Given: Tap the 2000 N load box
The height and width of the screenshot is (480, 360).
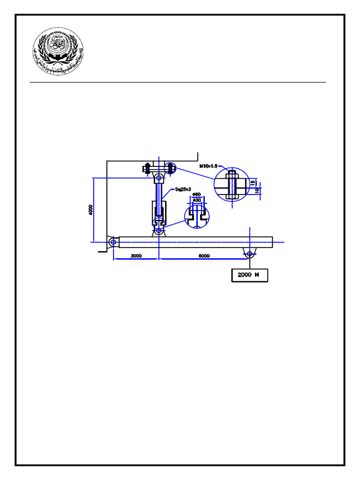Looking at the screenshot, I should point(249,275).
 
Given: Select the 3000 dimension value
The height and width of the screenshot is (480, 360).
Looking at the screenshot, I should point(136,256).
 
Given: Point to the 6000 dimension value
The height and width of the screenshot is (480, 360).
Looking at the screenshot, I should point(204,256).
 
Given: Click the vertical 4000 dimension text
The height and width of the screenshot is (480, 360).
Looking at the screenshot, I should point(90,210).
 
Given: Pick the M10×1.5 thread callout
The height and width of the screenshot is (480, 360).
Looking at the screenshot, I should point(208,166).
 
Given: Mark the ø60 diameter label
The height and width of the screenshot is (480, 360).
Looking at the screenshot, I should point(197,194).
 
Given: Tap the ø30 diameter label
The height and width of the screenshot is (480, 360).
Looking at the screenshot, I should point(197,200).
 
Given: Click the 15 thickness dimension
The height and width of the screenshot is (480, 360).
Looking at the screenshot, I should point(254,182).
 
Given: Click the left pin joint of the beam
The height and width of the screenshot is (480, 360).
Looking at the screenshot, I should point(112,241).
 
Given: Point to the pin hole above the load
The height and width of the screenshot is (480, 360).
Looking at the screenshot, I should point(249,254).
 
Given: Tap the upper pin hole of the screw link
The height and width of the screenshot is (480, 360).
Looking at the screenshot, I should point(159,178).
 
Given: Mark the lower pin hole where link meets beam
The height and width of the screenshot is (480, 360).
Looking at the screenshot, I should point(159,230).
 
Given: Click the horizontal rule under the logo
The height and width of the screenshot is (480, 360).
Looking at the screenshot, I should point(178,82).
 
